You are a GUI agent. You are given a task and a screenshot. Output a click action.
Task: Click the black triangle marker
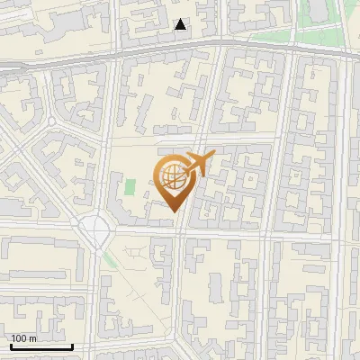click(181, 24)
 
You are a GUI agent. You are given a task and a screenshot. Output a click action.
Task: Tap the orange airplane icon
click(199, 165)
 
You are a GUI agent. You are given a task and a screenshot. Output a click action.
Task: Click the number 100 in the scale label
click(19, 338)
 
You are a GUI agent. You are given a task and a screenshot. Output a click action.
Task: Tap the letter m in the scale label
click(32, 338)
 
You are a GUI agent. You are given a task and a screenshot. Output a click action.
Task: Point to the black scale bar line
click(40, 346)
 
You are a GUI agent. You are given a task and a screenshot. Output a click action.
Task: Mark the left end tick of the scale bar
click(10, 345)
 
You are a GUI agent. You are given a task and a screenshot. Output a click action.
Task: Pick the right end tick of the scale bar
click(72, 345)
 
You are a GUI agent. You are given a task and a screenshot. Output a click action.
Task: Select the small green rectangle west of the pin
click(130, 188)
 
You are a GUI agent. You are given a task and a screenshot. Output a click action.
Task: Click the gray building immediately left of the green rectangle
click(119, 191)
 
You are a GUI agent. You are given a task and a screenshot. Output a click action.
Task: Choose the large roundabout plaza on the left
click(94, 229)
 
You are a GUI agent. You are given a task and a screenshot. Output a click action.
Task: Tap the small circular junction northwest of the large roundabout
click(52, 121)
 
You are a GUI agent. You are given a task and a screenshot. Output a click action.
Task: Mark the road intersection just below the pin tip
click(177, 230)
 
